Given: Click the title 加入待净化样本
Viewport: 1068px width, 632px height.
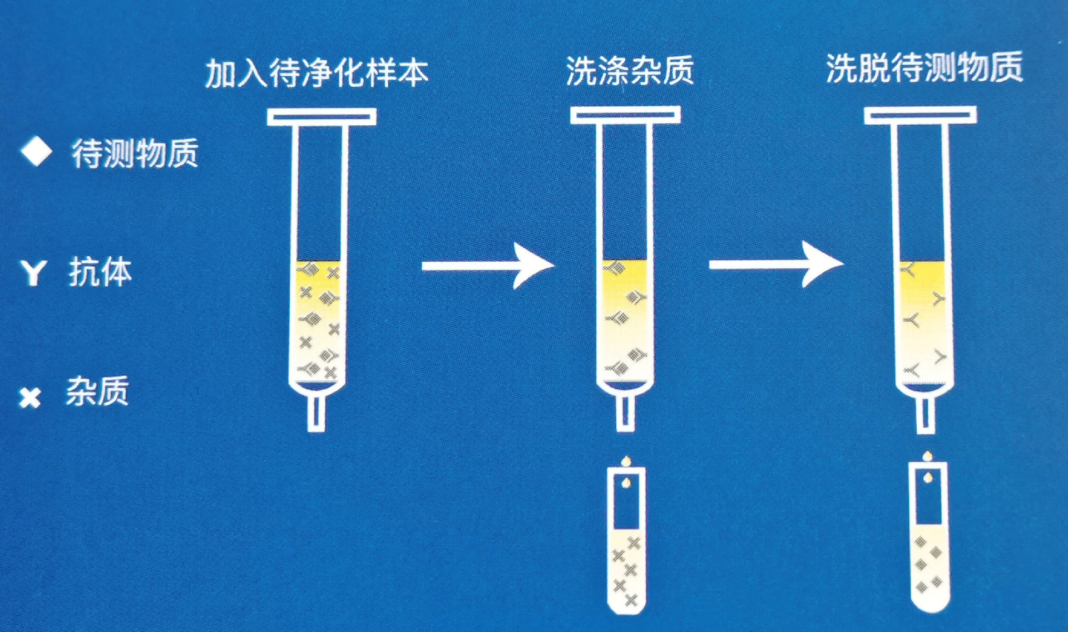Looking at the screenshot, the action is coord(317,72).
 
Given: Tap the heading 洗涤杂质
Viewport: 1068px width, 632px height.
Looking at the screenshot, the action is coord(630,71).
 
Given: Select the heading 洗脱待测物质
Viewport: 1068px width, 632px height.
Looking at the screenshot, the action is coord(924,68).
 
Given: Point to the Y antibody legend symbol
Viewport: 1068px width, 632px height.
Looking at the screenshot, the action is coord(33,273).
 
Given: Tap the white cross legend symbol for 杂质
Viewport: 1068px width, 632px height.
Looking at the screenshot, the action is coord(30,398).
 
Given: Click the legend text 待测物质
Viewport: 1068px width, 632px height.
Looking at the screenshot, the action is coord(135,154).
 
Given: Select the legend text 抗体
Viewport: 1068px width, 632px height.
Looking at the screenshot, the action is coord(101,272).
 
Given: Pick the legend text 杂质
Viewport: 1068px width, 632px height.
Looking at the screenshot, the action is coord(98,391).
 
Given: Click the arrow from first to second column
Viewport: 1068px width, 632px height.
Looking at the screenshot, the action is coord(488,266).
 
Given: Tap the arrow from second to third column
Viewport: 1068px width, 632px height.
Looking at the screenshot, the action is coord(776,264).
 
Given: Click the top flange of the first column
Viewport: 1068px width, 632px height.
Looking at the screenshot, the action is coord(322,117).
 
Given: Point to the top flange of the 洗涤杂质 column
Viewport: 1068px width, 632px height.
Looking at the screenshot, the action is coord(625,115).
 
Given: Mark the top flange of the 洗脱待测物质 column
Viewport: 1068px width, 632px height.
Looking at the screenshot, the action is coord(920,115).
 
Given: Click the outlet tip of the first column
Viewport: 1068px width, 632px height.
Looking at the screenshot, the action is coord(317,413).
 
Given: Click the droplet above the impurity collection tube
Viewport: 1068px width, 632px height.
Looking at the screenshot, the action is coord(627,461).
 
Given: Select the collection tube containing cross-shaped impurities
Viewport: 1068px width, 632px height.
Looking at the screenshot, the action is coord(627,540).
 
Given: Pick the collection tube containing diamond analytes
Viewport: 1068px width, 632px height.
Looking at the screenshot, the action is coord(928,537).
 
